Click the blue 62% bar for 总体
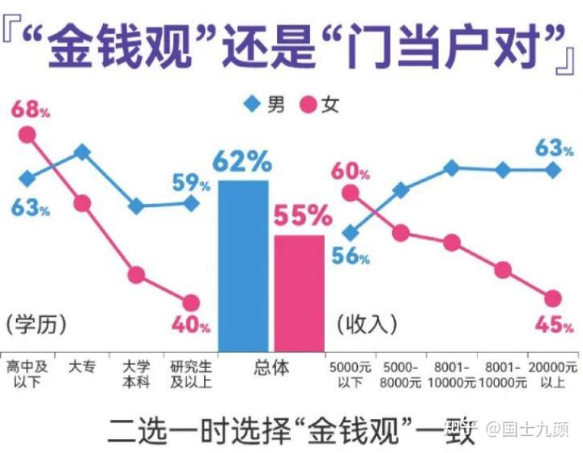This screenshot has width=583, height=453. coord(243,267)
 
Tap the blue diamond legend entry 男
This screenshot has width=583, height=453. coord(264,104)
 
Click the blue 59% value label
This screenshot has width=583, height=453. coord(191,183)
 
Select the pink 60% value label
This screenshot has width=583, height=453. coord(350,171)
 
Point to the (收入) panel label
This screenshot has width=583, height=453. coord(366,324)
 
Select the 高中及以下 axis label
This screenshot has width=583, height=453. coord(27,374)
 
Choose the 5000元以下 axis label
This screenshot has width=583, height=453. coord(350,374)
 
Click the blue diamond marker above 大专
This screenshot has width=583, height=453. coord(82,152)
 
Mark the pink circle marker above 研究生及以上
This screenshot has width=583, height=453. coord(191,303)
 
